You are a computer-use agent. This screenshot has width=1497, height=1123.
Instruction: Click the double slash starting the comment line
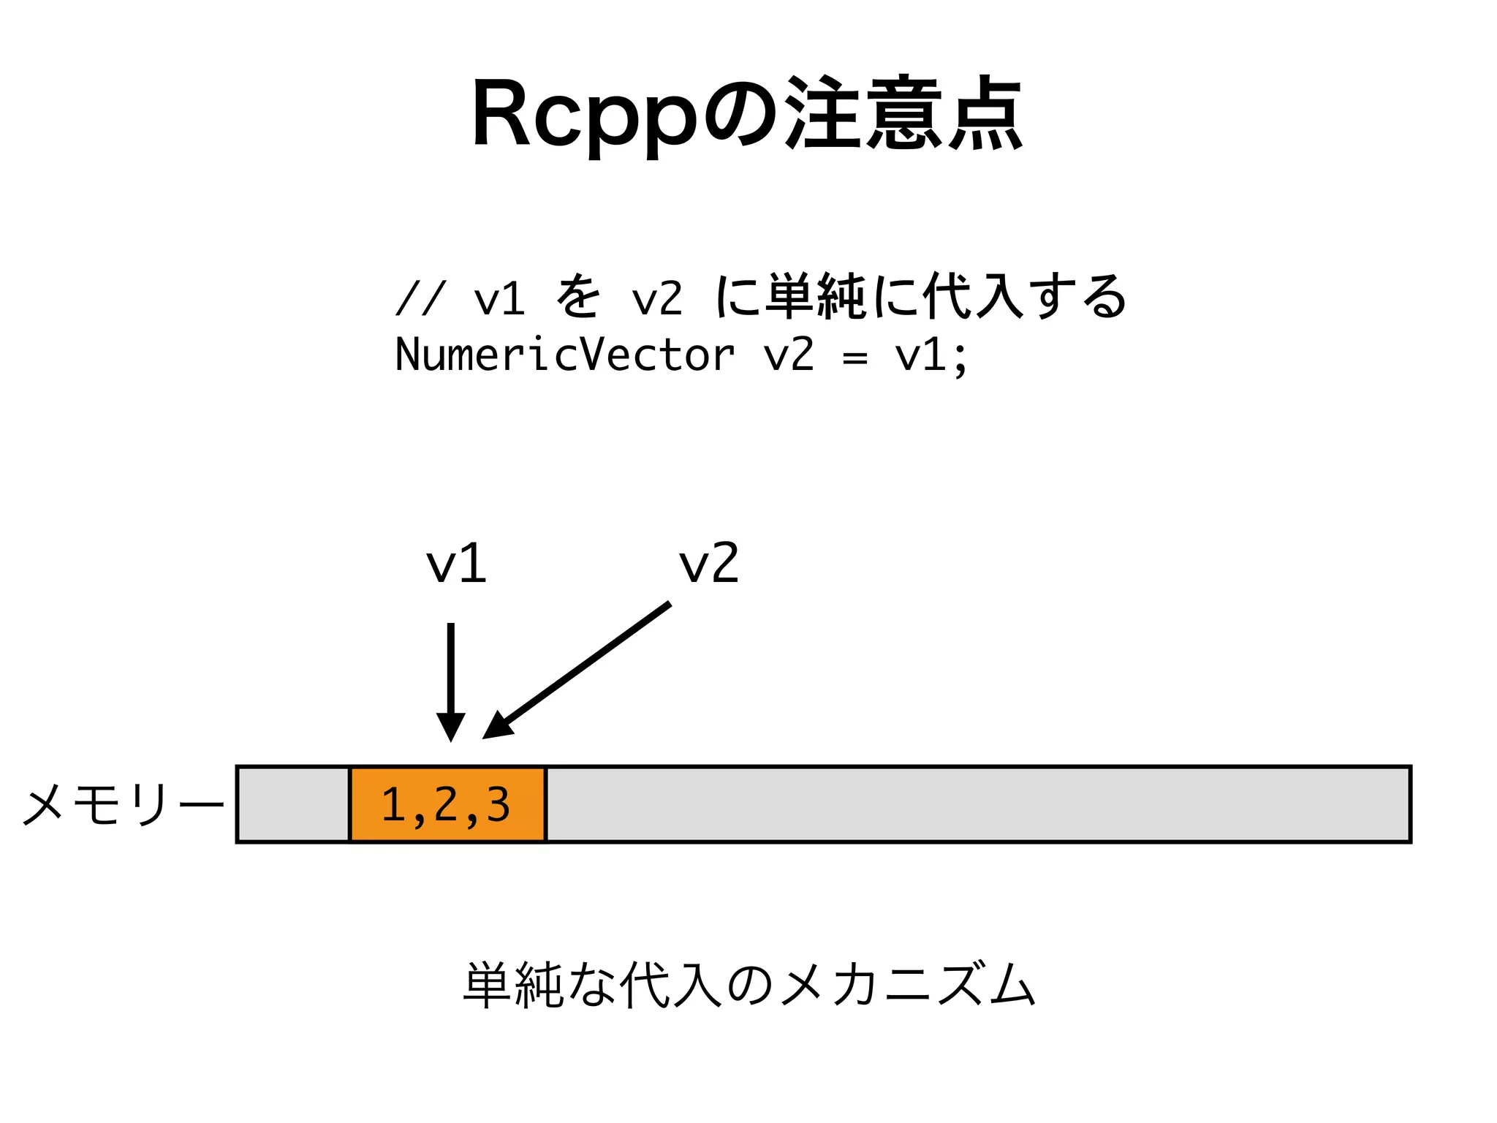click(x=420, y=298)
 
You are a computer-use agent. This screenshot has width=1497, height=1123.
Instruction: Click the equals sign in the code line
click(x=854, y=358)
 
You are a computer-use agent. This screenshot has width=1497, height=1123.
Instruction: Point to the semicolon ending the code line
click(x=960, y=358)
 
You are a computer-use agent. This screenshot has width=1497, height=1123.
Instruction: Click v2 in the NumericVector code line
click(x=789, y=355)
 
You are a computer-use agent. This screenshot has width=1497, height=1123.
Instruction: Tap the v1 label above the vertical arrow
click(x=456, y=564)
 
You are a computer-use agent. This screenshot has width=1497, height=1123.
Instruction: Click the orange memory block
click(x=447, y=804)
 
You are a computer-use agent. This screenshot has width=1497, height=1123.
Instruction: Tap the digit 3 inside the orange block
click(x=499, y=804)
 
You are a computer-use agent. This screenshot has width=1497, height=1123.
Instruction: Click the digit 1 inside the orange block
click(x=393, y=804)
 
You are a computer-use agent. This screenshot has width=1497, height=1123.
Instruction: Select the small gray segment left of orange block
click(x=293, y=804)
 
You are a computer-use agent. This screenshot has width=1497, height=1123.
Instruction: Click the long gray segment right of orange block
click(x=978, y=804)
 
